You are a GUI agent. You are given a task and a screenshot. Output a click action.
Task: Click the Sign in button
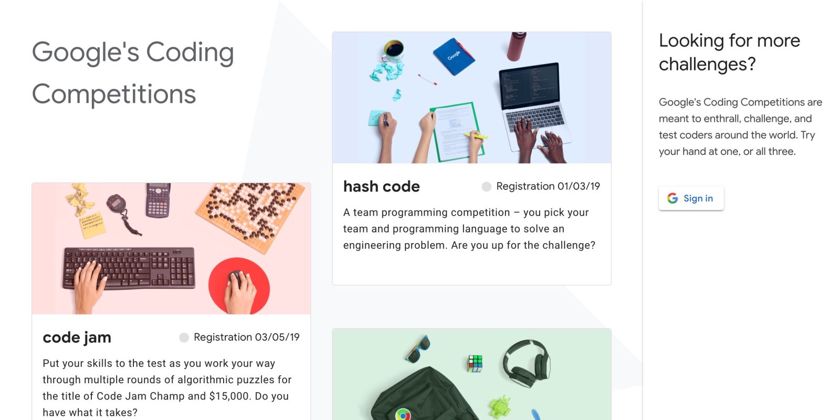[x=691, y=198]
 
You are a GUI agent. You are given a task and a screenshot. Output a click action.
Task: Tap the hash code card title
[x=381, y=186]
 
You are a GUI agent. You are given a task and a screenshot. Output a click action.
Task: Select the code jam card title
[x=77, y=338]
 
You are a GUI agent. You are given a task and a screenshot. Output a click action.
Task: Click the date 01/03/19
[x=579, y=186]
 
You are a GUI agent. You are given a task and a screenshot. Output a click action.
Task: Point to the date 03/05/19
[x=278, y=337]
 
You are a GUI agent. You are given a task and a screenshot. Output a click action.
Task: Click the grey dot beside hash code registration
[x=486, y=187]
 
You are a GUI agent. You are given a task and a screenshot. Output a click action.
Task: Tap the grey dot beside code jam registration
[x=184, y=338]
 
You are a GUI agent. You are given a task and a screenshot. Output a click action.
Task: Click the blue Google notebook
[x=454, y=56]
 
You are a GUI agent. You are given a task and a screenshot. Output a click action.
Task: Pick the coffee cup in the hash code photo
[x=393, y=50]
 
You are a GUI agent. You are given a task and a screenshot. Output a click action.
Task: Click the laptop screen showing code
[x=529, y=86]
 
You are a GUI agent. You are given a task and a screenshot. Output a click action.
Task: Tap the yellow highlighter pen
[x=476, y=135]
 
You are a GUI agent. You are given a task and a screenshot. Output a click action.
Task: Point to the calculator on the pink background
[x=158, y=200]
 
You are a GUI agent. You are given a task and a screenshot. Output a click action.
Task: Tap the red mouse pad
[x=239, y=286]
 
